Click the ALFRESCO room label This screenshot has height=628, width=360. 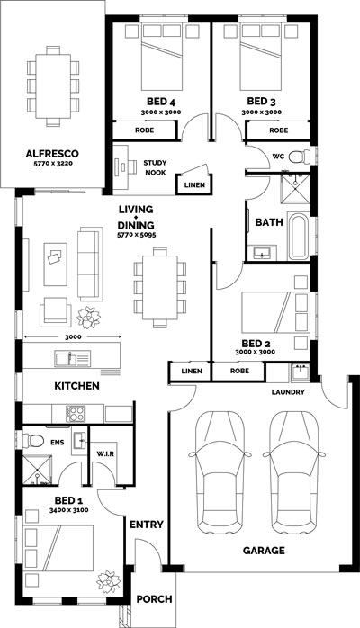(x=52, y=153)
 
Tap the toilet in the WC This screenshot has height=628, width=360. (x=299, y=157)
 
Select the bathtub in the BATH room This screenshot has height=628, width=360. (x=298, y=237)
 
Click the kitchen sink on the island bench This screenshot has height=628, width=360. (x=73, y=358)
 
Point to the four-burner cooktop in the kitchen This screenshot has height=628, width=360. (x=76, y=413)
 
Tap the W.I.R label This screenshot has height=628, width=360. (x=105, y=453)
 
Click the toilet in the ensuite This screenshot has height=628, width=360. (x=33, y=441)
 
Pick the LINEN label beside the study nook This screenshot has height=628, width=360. (x=194, y=185)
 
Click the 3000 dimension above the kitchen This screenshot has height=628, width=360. (x=73, y=336)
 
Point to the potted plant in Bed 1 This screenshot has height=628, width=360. (x=109, y=581)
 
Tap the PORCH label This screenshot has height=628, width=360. (x=154, y=599)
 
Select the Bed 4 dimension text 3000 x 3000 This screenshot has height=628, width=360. (x=161, y=112)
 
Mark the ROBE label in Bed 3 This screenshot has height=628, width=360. (x=279, y=130)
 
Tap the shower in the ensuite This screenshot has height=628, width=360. (x=38, y=470)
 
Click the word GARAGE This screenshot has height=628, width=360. (x=264, y=551)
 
